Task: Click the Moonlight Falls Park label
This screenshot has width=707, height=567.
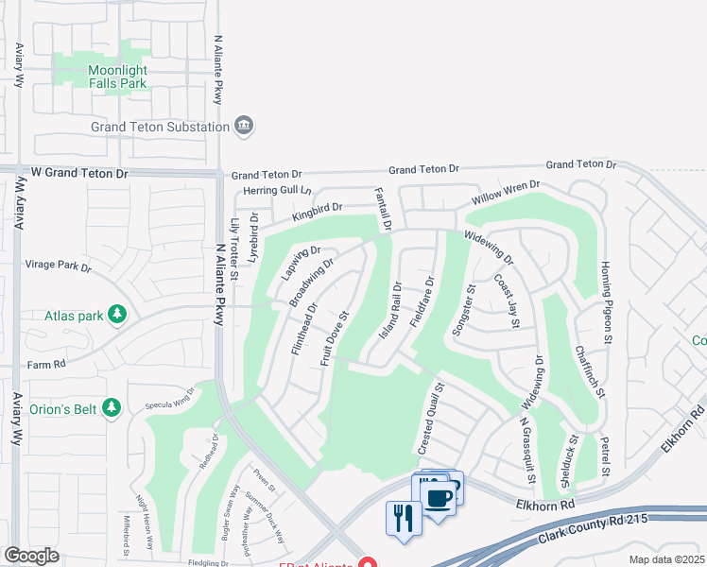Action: pos(117,77)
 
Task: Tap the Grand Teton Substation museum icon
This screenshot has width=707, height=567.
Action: pos(244,127)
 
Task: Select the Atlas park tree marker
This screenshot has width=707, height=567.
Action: pos(117,314)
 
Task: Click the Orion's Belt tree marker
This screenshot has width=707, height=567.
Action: pos(112,407)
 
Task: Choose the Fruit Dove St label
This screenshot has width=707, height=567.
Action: pos(336,339)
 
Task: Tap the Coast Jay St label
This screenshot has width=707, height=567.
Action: pos(508,302)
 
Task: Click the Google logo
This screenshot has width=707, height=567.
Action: pos(31,556)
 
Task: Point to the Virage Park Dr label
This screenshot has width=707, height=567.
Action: pos(59,267)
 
